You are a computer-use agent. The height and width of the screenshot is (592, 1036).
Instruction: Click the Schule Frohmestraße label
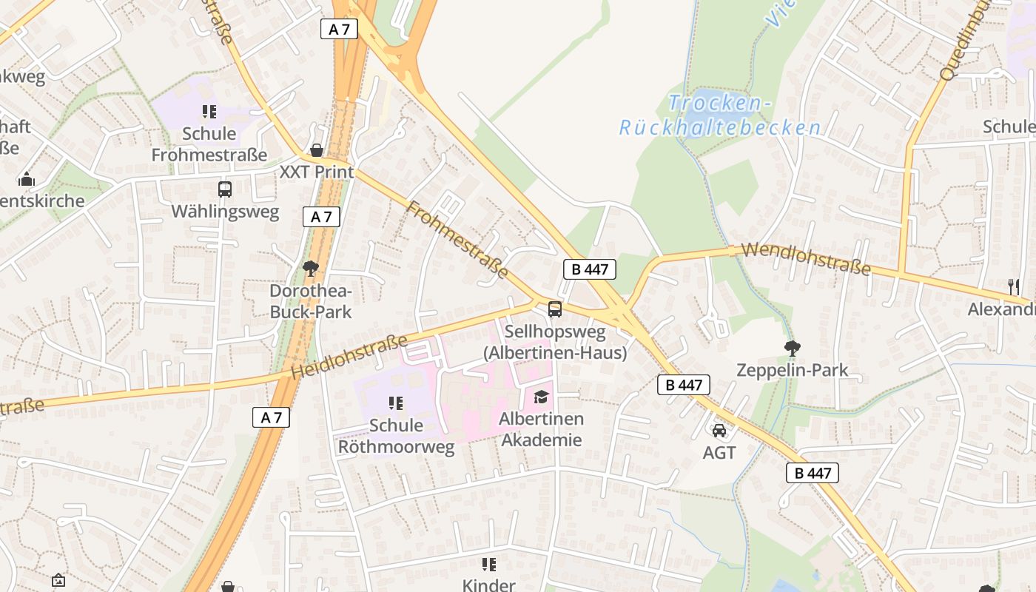209,144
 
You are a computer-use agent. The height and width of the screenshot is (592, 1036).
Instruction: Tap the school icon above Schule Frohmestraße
209,112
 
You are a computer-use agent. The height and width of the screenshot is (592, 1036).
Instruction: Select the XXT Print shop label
317,172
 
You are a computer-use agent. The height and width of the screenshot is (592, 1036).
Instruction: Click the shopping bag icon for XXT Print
317,151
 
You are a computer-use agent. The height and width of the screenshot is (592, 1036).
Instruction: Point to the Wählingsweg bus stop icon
225,189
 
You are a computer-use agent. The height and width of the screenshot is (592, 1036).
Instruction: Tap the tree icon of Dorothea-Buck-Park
311,268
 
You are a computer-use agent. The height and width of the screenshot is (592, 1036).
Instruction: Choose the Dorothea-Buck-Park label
311,301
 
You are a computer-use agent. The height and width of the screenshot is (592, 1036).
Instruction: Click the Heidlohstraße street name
349,357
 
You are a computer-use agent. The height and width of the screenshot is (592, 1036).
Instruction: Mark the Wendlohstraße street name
805,259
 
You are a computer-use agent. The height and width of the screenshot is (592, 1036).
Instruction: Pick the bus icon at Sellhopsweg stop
555,309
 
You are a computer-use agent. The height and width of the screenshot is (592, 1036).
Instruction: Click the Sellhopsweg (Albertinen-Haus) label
555,343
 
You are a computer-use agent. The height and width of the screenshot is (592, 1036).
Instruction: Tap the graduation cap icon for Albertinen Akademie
541,397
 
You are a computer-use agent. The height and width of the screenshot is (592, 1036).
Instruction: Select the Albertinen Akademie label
541,429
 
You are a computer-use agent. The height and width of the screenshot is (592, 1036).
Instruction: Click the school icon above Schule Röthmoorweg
396,403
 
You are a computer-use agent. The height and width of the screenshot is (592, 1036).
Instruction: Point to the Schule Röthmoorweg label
396,436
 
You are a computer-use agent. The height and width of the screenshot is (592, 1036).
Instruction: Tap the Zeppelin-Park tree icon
793,347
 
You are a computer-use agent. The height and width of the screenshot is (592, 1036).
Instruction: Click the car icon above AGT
719,430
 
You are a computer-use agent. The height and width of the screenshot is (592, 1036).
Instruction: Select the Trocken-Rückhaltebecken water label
720,115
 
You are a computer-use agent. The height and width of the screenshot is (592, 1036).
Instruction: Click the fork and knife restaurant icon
1014,286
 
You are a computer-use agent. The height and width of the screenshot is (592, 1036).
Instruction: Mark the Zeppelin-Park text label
793,370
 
